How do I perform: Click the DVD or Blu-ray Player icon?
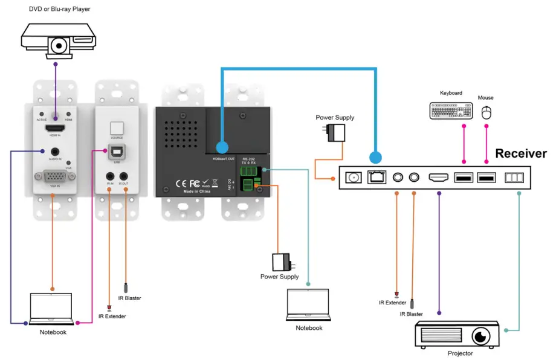coord(59,38)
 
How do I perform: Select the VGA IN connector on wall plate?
coord(55,178)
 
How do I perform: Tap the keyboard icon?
coord(451,111)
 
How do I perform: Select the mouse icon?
coord(486,112)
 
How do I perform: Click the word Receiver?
coord(520,153)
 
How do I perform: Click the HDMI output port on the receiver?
coord(438,178)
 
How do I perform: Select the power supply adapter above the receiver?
coord(335,132)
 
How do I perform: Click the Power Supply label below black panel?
coord(279,277)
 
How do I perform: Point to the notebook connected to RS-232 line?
coord(308,305)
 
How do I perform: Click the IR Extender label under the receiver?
coord(393,302)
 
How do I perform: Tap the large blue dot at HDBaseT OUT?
coord(222,147)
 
